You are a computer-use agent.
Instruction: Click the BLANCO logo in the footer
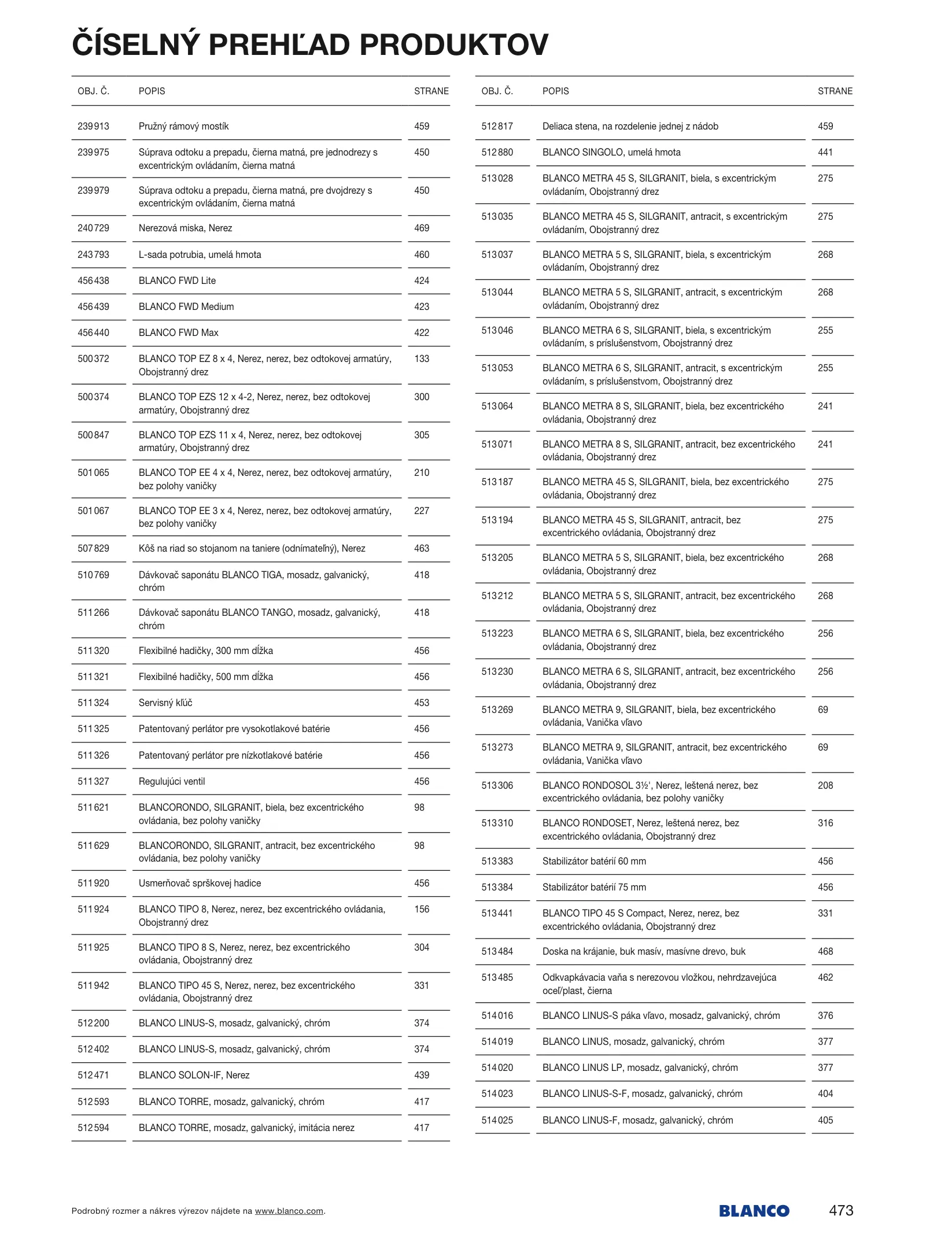754,1211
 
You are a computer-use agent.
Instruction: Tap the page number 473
840,1210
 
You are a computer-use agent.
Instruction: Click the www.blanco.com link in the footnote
289,1211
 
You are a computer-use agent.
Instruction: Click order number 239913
93,126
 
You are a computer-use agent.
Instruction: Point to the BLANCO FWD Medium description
186,306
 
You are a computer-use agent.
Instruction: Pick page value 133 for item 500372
422,359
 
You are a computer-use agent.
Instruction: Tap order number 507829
93,548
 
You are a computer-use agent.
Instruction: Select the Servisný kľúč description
165,703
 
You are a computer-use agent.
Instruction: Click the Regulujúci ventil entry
172,781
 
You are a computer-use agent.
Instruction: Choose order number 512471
93,1075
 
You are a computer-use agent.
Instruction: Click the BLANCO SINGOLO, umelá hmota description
611,152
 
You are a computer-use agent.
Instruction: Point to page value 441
825,152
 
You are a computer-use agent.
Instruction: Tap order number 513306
497,785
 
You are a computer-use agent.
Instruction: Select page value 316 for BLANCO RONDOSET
825,823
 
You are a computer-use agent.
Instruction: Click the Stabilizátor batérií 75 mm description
594,887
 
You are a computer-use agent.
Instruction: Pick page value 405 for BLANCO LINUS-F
825,1120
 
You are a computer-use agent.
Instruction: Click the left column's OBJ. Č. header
93,91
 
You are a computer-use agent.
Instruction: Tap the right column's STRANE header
835,91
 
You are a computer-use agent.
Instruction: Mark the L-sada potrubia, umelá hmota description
200,254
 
